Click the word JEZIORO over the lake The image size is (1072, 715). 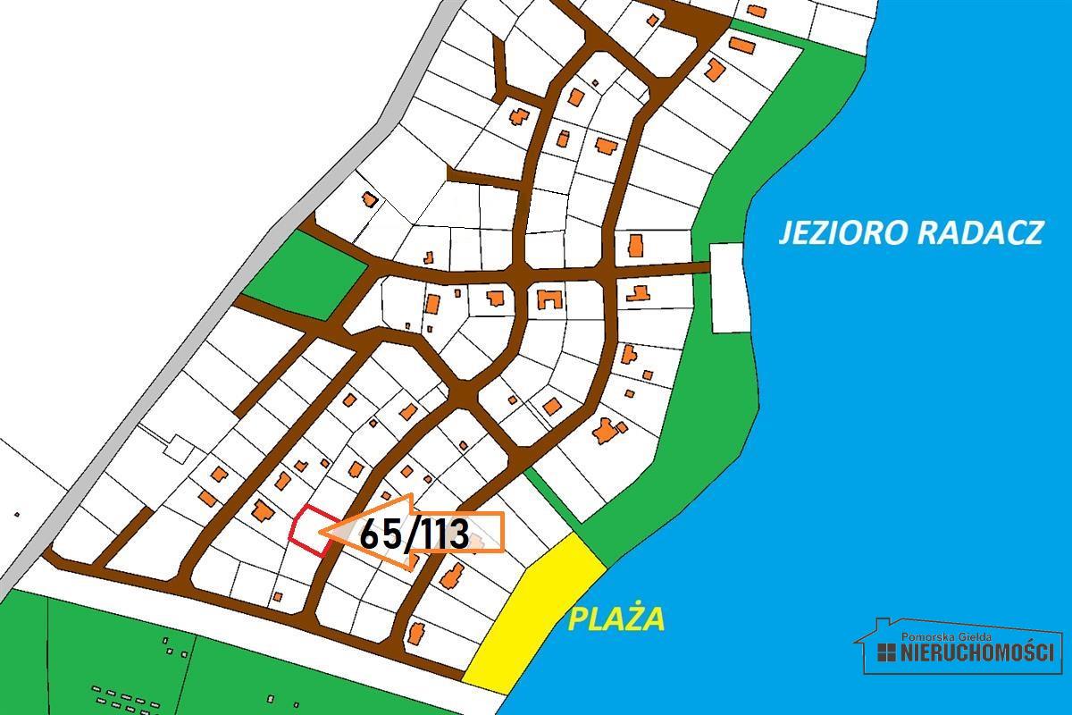tap(834, 232)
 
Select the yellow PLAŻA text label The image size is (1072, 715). tap(617, 618)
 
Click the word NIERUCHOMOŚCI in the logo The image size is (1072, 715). tap(977, 652)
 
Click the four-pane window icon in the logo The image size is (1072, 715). tap(886, 652)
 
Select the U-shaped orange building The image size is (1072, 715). tap(548, 299)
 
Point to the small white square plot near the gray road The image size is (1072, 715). tap(179, 450)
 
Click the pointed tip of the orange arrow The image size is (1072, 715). tap(323, 534)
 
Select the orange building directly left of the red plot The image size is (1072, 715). tap(263, 511)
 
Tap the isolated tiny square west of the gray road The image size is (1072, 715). tap(17, 514)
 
